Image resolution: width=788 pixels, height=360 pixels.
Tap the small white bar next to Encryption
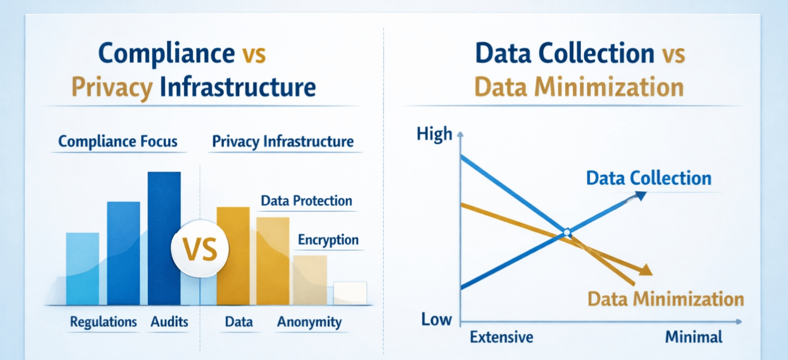tap(350, 293)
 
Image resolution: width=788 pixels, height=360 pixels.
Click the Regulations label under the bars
tap(103, 322)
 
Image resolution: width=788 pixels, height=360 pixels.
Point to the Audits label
tap(170, 322)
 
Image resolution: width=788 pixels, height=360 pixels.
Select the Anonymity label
tap(309, 322)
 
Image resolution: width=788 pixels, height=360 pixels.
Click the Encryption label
tap(328, 240)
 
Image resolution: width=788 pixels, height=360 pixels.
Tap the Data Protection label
tap(307, 201)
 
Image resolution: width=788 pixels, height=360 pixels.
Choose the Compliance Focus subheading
tap(118, 141)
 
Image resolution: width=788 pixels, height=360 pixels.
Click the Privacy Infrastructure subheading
tap(283, 141)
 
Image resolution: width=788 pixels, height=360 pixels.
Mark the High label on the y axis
tap(434, 135)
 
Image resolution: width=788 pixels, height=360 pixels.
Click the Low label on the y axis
tap(436, 319)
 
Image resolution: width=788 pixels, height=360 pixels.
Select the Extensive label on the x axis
tap(502, 337)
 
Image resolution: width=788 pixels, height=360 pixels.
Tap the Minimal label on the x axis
tap(694, 337)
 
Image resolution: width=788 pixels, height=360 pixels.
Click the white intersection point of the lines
tap(567, 232)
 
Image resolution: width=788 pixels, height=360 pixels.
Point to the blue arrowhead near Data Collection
tap(640, 195)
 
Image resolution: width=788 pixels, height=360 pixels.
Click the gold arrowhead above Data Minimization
tap(646, 271)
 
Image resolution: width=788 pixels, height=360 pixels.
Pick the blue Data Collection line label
tap(649, 178)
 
